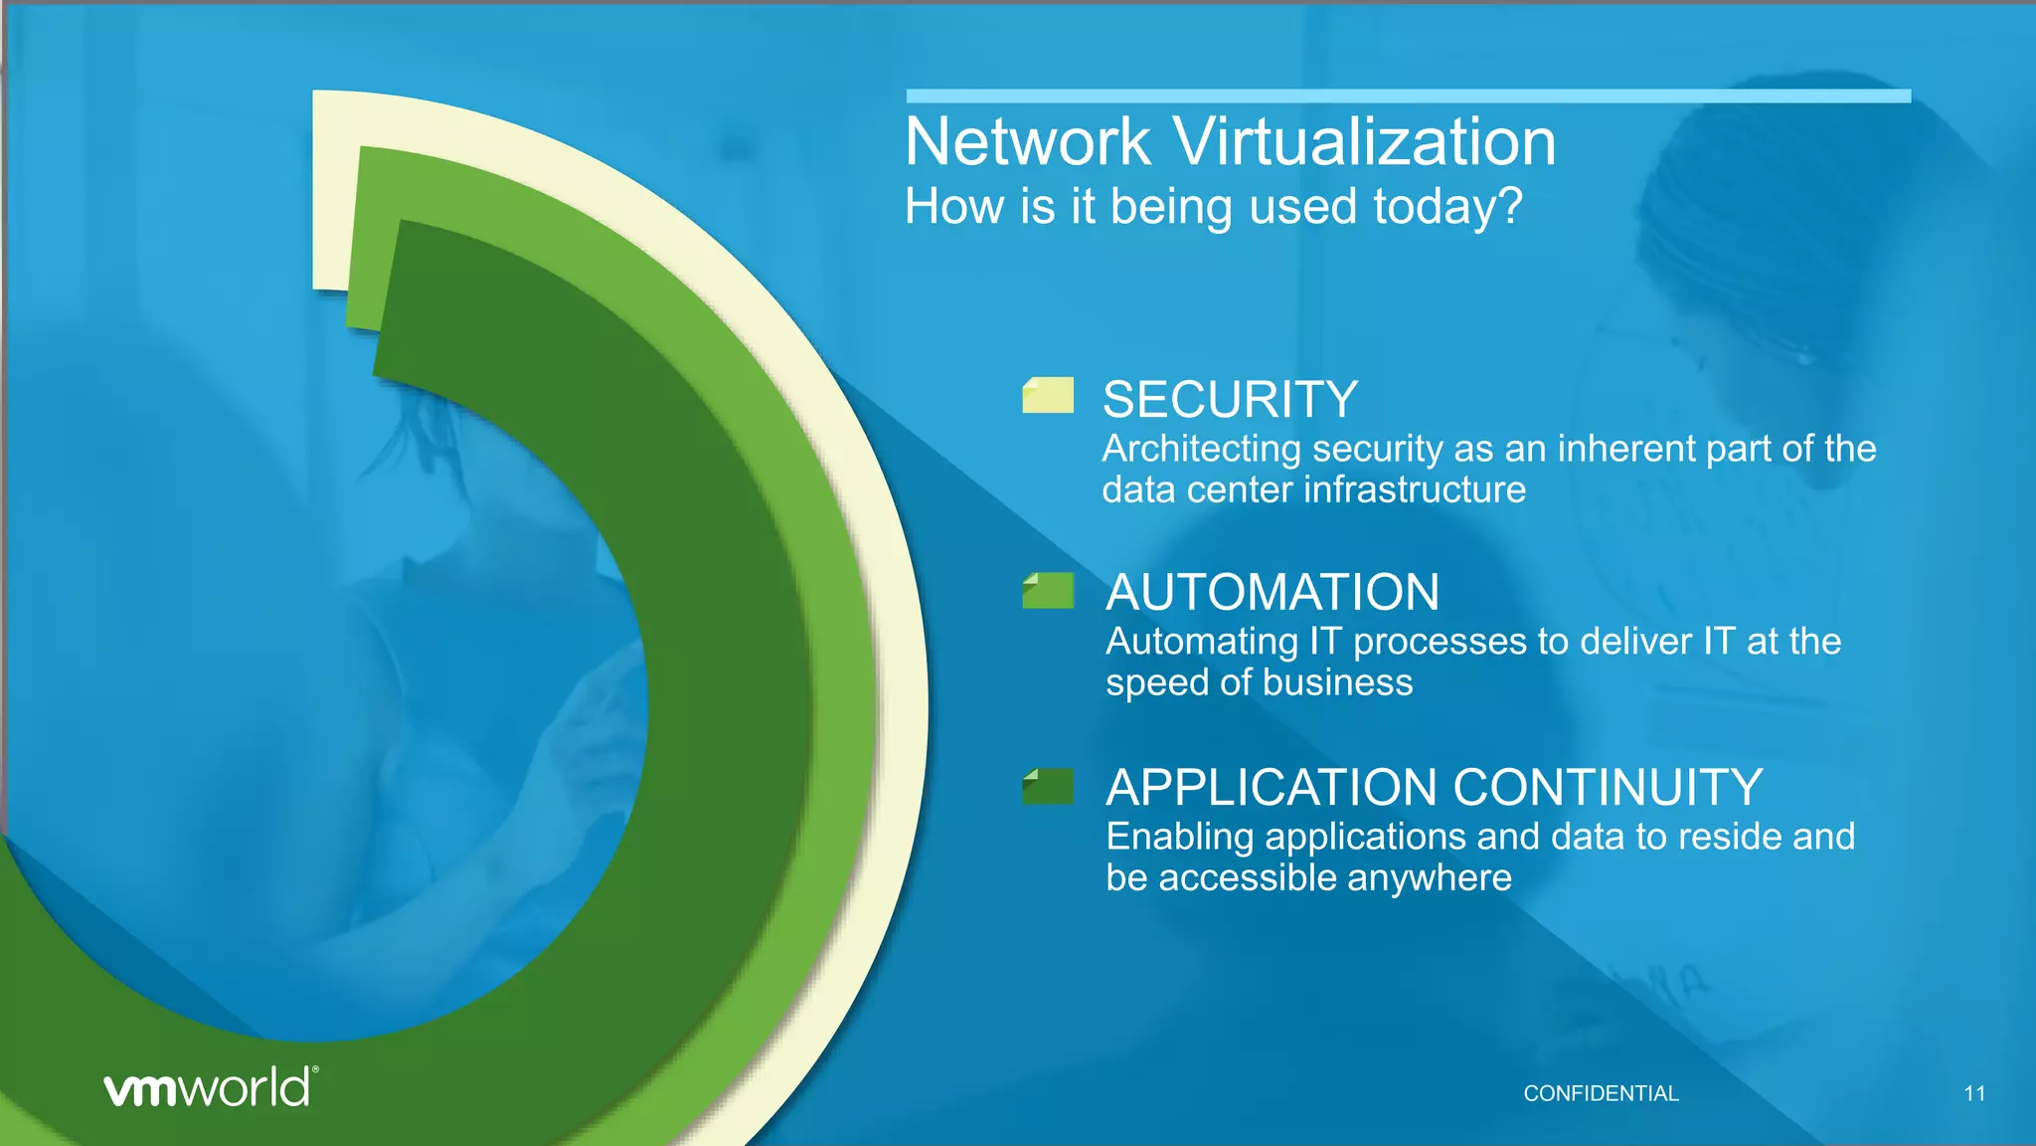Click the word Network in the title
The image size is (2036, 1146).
1028,142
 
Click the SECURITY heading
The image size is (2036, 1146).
1230,400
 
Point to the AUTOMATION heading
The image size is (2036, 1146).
1272,593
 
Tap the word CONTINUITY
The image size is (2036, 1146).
1609,788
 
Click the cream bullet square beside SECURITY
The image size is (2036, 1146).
1048,395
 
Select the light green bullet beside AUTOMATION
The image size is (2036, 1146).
1048,591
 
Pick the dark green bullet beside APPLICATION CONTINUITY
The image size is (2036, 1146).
1048,786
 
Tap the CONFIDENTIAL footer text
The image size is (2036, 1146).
1601,1093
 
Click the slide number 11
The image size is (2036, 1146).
1974,1093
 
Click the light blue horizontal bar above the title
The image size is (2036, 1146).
1408,96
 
